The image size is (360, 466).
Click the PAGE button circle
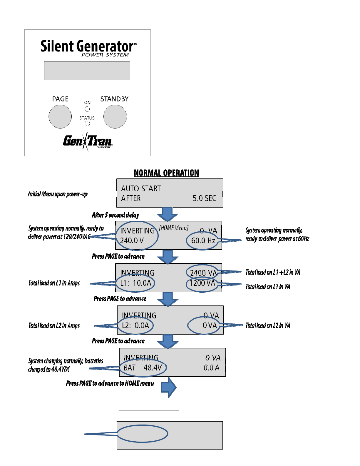(60, 116)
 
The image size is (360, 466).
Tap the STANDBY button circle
(115, 116)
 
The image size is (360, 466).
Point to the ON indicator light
(87, 109)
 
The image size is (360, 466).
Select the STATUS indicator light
(87, 123)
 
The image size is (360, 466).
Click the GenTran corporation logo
(88, 141)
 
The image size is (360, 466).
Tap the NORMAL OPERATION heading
(167, 173)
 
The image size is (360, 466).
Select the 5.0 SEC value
(205, 198)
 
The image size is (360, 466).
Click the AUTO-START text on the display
(141, 188)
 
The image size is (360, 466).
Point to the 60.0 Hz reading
(203, 240)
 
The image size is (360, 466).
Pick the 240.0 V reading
(132, 240)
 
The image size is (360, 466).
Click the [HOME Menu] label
(174, 228)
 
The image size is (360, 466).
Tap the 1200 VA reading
(202, 283)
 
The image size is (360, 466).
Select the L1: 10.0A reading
(136, 283)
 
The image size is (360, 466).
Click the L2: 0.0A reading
(135, 325)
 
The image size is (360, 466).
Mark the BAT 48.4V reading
(143, 368)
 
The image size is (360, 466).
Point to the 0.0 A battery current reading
(212, 368)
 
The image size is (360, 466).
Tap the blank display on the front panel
(87, 71)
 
